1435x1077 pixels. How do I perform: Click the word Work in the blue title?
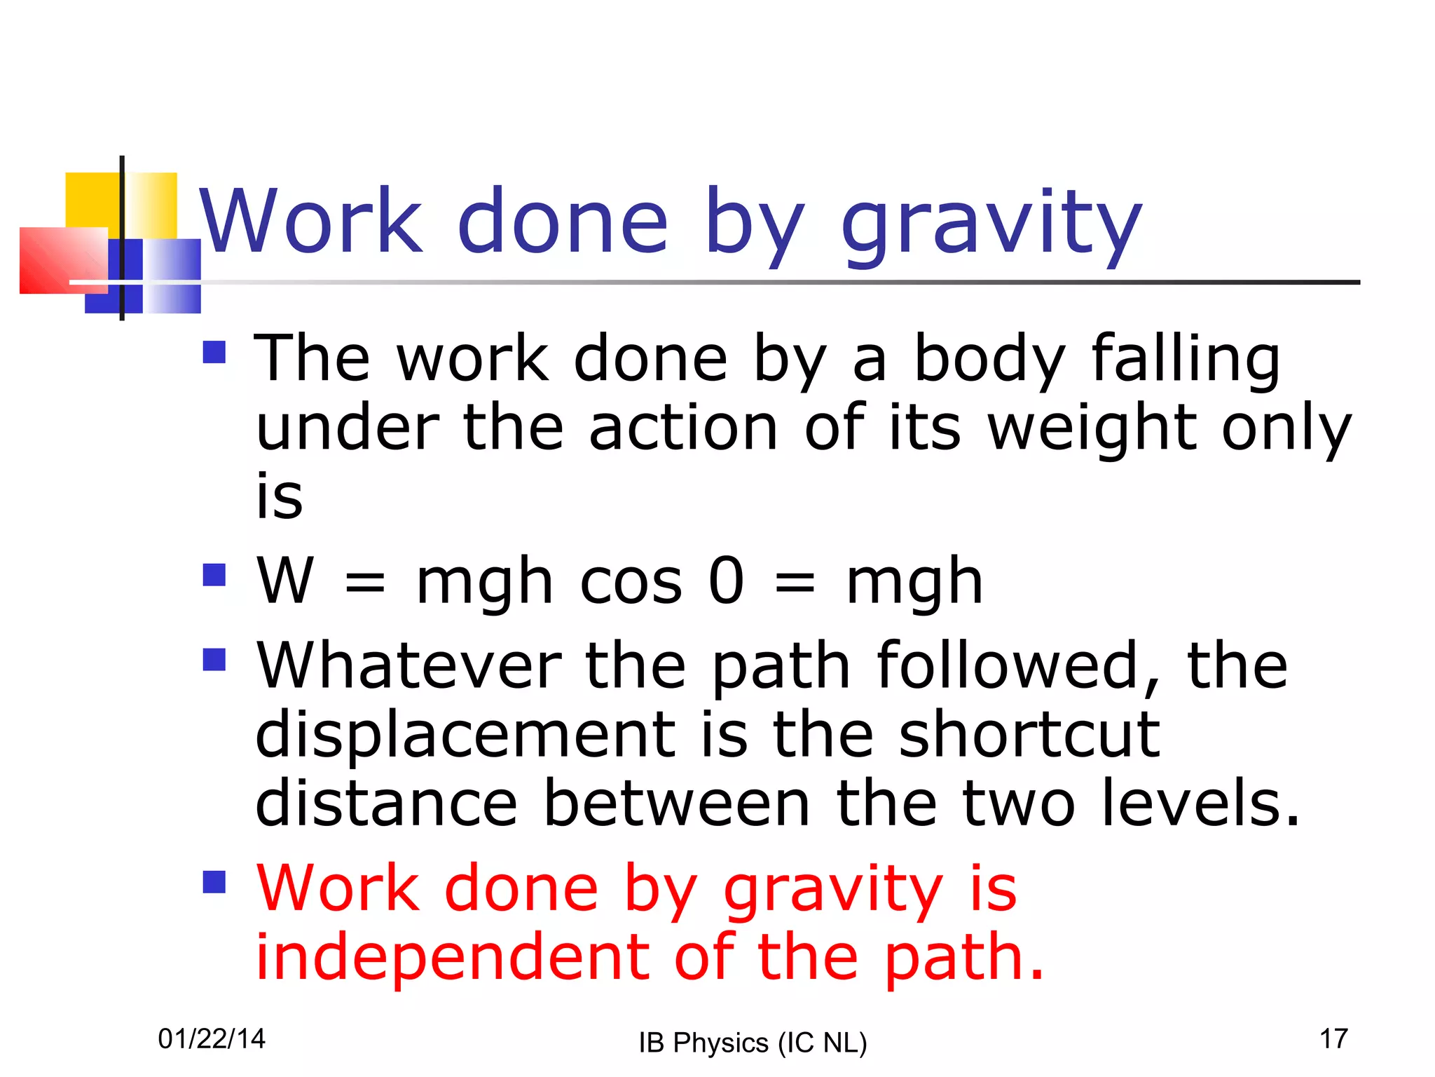311,222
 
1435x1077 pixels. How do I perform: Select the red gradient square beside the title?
62,259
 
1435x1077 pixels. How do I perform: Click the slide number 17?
1333,1039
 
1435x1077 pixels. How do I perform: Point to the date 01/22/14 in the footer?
212,1039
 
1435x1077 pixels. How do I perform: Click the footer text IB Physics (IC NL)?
753,1043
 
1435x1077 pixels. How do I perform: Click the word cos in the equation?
631,582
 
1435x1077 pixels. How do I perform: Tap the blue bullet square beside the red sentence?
214,882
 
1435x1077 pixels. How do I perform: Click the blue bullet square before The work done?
214,352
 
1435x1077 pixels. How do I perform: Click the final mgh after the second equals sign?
914,582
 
